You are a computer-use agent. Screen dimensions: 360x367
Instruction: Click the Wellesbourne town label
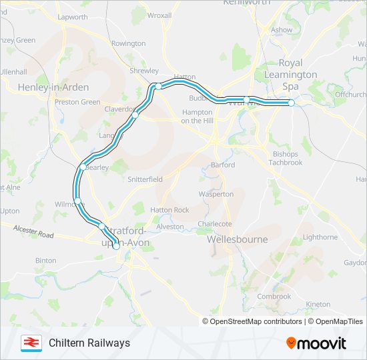tap(238, 239)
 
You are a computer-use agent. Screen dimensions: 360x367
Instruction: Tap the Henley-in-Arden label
tap(43, 87)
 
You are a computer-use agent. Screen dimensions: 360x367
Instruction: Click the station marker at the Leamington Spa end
tap(292, 103)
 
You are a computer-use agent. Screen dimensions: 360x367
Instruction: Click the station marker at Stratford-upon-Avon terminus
tap(116, 246)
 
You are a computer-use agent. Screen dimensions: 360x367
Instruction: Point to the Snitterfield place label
tap(145, 179)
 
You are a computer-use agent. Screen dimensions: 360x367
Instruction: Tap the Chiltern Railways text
tap(89, 343)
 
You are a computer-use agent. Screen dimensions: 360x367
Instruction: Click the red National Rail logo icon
tap(29, 343)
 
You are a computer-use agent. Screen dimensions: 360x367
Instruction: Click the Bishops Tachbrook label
tap(287, 158)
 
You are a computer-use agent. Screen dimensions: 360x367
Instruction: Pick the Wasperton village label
tap(216, 194)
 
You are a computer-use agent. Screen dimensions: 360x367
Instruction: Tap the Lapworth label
tap(73, 17)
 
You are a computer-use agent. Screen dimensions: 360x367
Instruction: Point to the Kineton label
tap(318, 304)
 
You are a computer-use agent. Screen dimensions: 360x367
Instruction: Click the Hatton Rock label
tap(169, 209)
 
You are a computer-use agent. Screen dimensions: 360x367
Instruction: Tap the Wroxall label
tap(159, 15)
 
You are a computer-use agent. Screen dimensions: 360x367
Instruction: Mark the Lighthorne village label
tap(320, 237)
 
